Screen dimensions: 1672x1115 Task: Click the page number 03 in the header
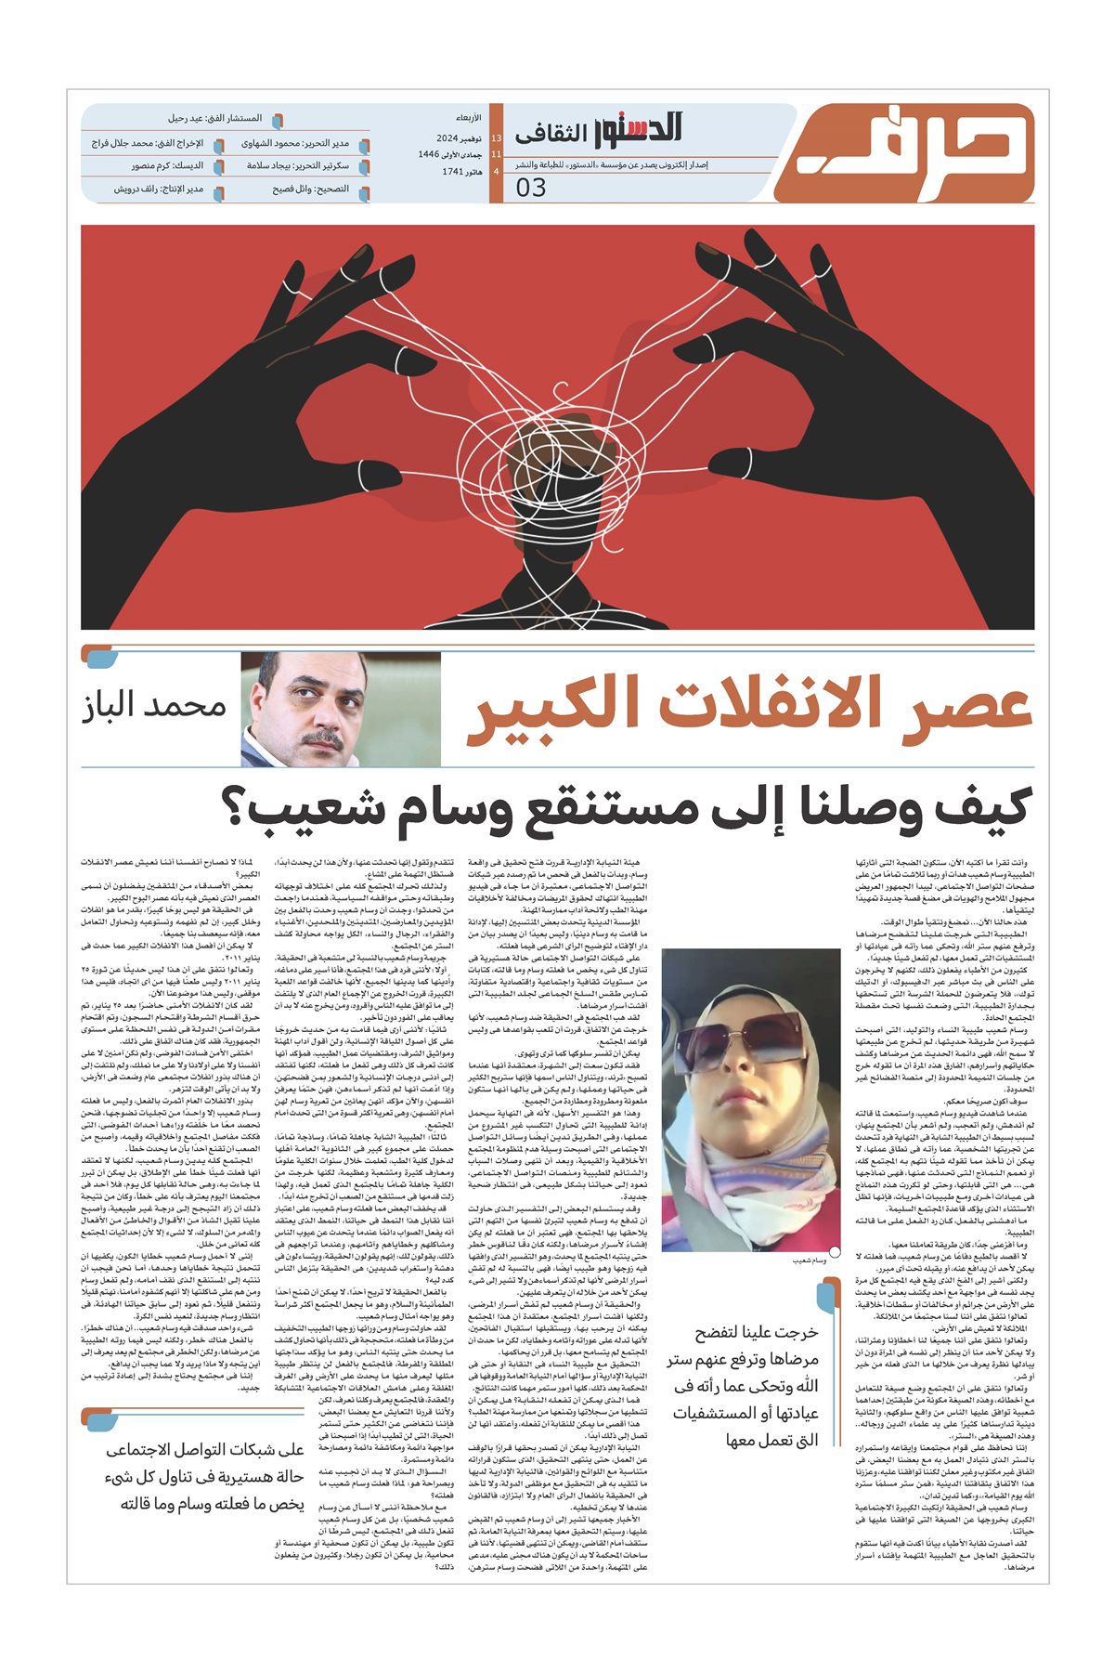pyautogui.click(x=531, y=187)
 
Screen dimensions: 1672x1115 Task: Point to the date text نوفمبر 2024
pyautogui.click(x=456, y=137)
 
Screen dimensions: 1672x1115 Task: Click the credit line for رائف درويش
pyautogui.click(x=159, y=189)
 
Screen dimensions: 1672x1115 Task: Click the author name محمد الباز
pyautogui.click(x=154, y=706)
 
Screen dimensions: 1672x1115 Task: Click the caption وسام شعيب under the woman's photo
pyautogui.click(x=808, y=1261)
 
